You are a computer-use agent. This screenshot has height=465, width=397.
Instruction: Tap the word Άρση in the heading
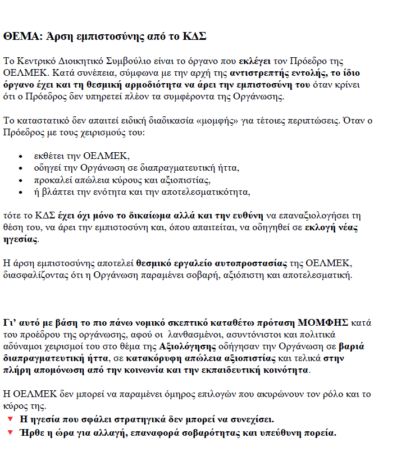coord(56,37)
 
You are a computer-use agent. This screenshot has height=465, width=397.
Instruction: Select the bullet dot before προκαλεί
coord(21,180)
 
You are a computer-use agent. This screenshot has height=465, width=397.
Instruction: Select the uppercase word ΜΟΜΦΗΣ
coord(323,322)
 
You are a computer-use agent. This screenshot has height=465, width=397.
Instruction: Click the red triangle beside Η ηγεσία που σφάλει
coord(10,420)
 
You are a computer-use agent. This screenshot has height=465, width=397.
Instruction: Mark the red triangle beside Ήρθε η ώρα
coord(10,432)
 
